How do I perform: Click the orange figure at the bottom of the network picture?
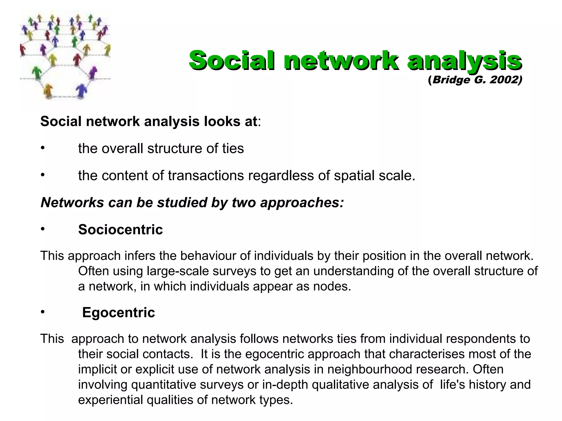pos(48,90)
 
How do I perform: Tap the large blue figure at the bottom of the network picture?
pos(81,90)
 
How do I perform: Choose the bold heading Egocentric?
pos(119,312)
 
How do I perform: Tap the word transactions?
pos(206,176)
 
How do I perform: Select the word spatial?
pos(354,176)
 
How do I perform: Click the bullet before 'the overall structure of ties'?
pos(43,148)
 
